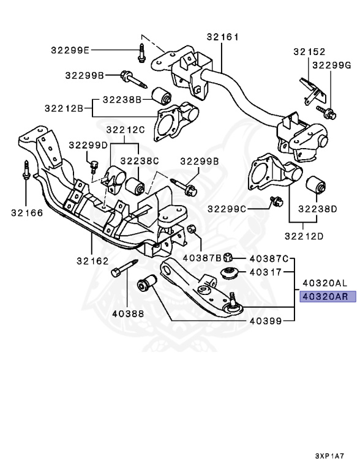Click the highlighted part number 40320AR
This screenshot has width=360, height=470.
click(x=325, y=297)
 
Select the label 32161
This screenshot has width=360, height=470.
click(x=223, y=37)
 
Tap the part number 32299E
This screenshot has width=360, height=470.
click(x=70, y=50)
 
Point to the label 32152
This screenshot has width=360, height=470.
click(x=309, y=52)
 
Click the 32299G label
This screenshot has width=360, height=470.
click(x=331, y=65)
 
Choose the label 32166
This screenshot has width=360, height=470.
click(x=27, y=213)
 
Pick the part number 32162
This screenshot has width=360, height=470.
click(x=92, y=261)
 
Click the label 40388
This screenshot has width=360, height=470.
click(x=128, y=313)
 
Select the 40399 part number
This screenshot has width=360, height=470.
click(x=266, y=321)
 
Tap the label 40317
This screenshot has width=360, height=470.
click(x=266, y=272)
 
